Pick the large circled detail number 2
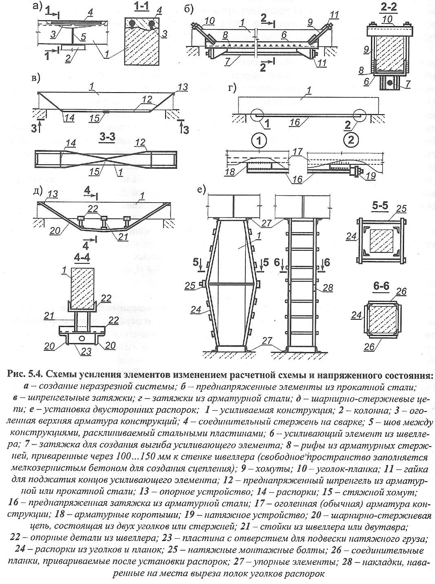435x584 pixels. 351,141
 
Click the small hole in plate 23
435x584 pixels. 82,338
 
